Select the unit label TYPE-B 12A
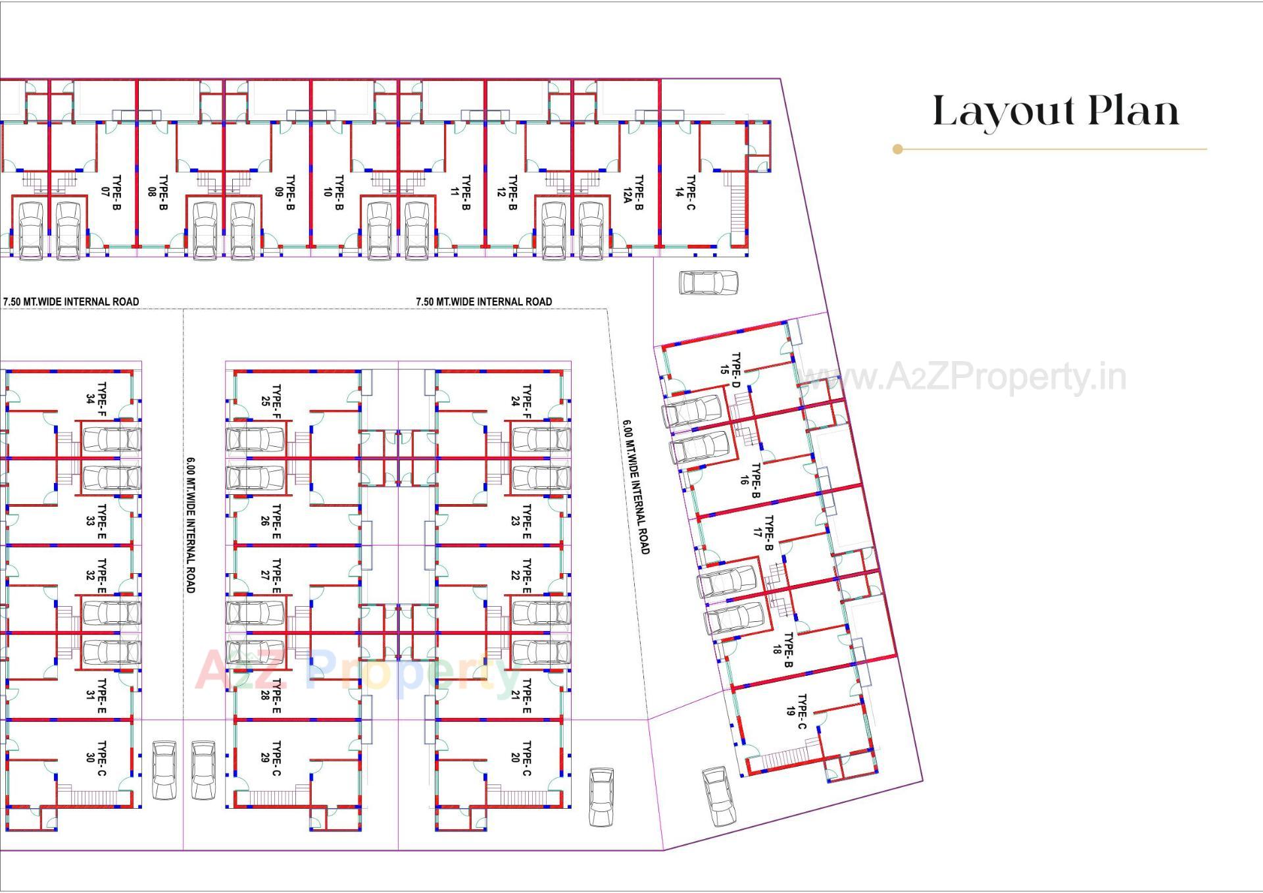(x=633, y=192)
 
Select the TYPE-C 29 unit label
(x=270, y=758)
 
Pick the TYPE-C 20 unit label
(x=520, y=758)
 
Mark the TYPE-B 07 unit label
(x=111, y=192)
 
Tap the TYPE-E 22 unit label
(x=520, y=576)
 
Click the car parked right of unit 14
(x=708, y=283)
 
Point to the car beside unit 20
(x=601, y=797)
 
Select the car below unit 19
(x=718, y=796)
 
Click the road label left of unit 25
(x=190, y=524)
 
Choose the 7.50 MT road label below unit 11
(x=483, y=301)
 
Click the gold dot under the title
(x=897, y=149)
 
